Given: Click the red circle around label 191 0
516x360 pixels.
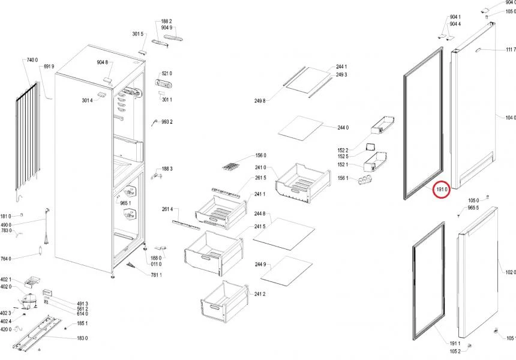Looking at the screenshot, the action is [441, 190].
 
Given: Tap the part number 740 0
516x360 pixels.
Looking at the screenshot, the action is [32, 60].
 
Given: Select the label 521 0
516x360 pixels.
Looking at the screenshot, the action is [167, 73].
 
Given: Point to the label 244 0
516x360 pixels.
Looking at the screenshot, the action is [343, 128].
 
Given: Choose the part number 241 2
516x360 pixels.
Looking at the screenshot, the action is [260, 294].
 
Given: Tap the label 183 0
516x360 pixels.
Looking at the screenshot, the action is [82, 338].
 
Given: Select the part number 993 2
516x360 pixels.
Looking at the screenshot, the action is [167, 122].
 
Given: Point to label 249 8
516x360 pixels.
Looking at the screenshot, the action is [260, 101].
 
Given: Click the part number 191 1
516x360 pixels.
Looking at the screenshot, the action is [455, 343].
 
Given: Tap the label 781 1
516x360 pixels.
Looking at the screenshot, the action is [157, 275].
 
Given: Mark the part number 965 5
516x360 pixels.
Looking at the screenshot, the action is [473, 208].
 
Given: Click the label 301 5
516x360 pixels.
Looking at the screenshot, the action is [138, 34].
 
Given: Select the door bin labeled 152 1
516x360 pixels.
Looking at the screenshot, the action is [375, 161].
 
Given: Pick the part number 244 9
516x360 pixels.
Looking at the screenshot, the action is [260, 264].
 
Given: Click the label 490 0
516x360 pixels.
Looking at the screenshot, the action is [5, 225].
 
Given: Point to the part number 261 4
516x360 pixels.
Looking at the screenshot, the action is [167, 209].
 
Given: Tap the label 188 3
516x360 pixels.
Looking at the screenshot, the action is [167, 169].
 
